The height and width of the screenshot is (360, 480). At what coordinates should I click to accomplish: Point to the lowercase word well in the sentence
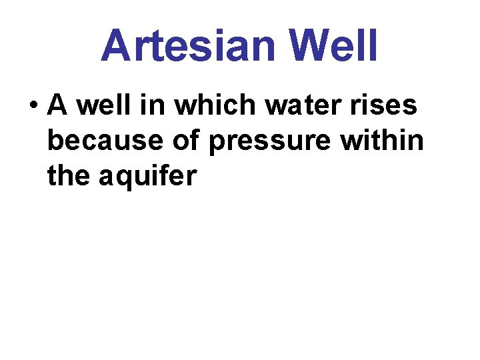pyautogui.click(x=96, y=105)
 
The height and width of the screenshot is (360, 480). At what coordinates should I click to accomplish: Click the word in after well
pyautogui.click(x=141, y=105)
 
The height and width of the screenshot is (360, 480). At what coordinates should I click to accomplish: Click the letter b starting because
pyautogui.click(x=55, y=141)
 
